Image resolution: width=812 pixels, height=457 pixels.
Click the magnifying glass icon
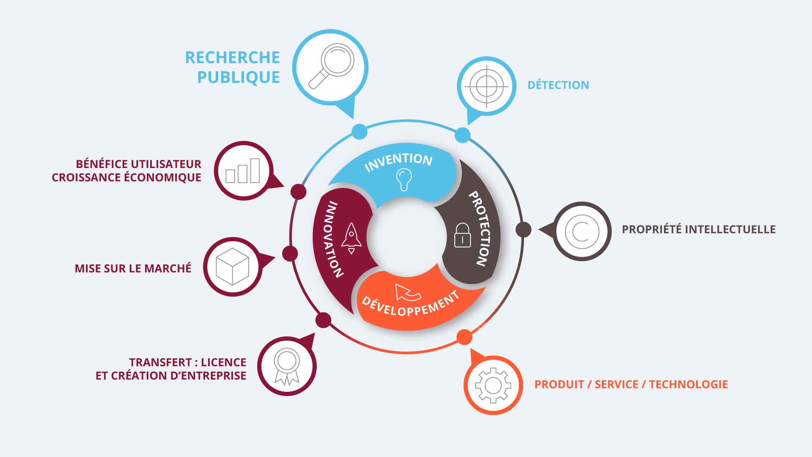(331, 66)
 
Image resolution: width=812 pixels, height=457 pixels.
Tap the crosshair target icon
(487, 86)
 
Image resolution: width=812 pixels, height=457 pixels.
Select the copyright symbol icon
(582, 231)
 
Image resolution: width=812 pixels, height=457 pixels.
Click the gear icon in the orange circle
(493, 385)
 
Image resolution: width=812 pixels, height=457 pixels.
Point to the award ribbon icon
(287, 366)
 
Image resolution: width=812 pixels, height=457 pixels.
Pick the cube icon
(232, 267)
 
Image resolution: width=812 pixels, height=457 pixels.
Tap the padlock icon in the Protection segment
(462, 235)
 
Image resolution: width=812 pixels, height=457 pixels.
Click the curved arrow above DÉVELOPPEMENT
(407, 292)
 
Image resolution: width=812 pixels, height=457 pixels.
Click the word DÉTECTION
(558, 85)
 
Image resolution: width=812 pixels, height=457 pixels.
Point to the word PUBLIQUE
(239, 77)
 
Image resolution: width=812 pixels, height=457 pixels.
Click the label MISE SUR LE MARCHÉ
(133, 269)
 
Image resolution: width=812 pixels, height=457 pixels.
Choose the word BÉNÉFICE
(102, 164)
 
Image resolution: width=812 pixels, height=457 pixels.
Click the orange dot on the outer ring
(464, 337)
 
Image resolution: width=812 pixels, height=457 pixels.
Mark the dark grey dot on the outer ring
(523, 229)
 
